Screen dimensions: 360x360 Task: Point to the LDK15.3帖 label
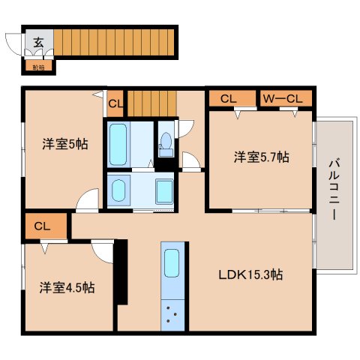[x=250, y=274]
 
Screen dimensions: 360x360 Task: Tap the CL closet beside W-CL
[x=229, y=97]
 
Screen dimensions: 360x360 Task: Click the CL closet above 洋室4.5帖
[x=42, y=225]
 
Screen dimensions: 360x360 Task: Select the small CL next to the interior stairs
[x=115, y=103]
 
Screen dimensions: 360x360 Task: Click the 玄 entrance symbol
[x=37, y=42]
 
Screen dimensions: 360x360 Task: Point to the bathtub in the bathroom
[x=118, y=144]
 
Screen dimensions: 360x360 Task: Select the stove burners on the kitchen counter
[x=172, y=316]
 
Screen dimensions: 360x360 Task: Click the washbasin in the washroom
[x=164, y=190]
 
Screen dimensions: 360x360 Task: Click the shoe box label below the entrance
[x=37, y=67]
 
